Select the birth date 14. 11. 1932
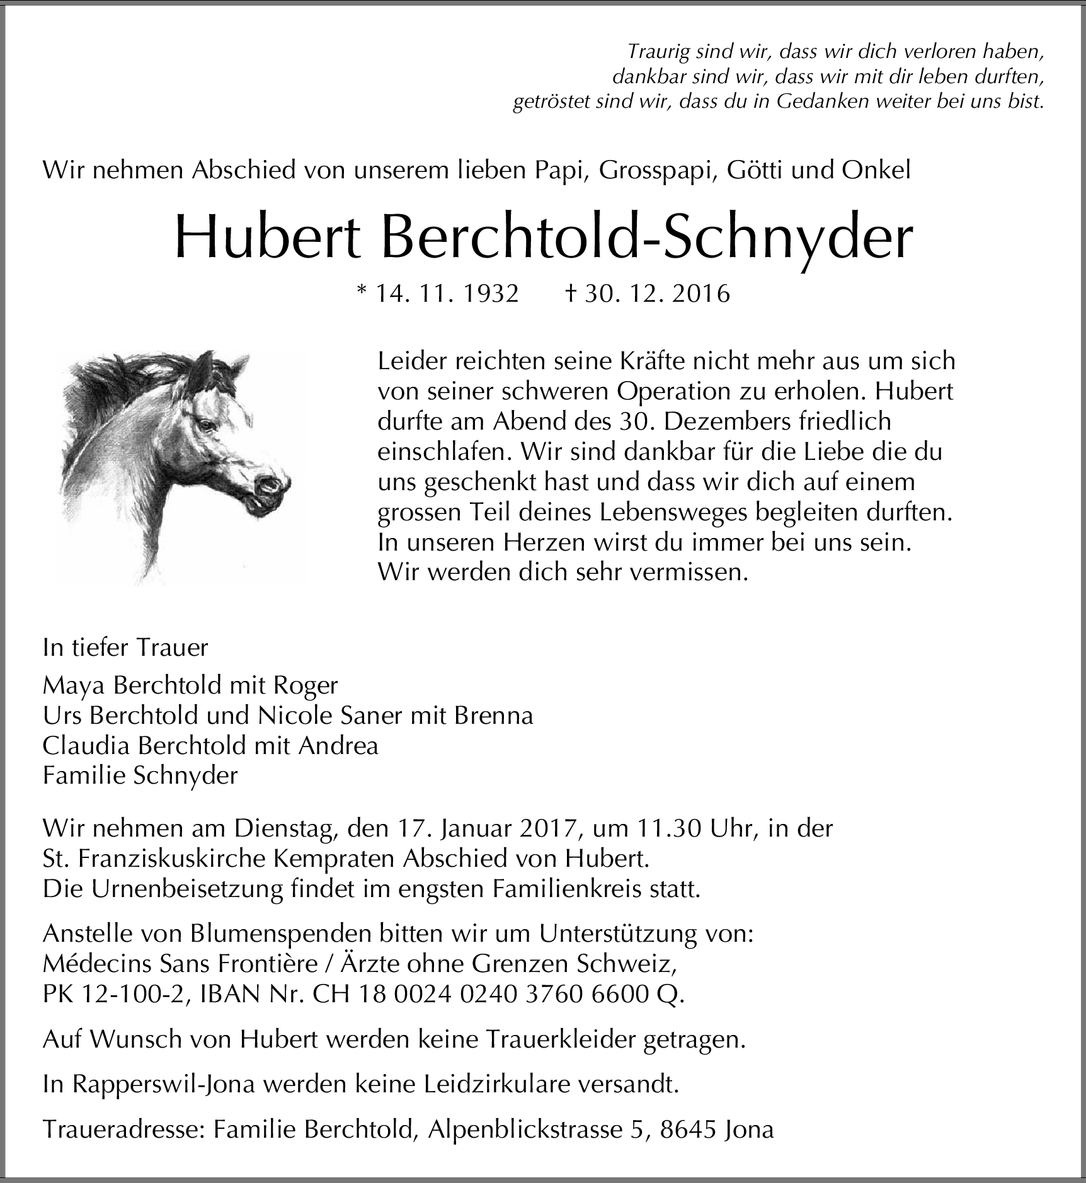[x=447, y=294]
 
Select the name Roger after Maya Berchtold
[x=307, y=685]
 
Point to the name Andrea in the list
[x=338, y=745]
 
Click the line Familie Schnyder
[x=140, y=775]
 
